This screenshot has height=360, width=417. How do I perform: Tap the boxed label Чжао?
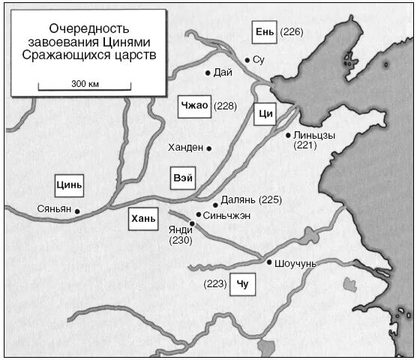click(194, 106)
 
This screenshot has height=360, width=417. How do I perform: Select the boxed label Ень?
click(265, 31)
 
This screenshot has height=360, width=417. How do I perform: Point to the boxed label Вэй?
click(183, 179)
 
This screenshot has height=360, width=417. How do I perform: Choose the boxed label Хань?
click(142, 219)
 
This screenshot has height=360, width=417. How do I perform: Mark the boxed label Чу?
click(241, 284)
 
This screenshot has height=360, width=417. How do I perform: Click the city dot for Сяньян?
click(77, 211)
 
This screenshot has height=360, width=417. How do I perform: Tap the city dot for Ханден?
click(209, 148)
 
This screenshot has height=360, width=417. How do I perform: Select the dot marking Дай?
click(208, 73)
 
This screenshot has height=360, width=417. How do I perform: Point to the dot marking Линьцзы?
click(288, 136)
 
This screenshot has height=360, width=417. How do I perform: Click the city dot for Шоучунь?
click(269, 262)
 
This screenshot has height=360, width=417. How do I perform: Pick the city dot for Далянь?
click(215, 204)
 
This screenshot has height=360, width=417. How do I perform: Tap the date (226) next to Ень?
click(291, 31)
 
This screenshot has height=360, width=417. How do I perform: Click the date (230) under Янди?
click(181, 241)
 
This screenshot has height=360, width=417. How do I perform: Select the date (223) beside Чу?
click(215, 284)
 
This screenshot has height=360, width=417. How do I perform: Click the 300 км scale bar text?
click(85, 83)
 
